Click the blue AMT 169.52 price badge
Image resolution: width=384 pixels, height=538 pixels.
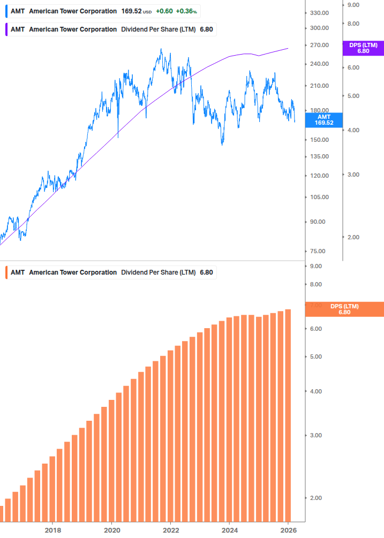click(323, 119)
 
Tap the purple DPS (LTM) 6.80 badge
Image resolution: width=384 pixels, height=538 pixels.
click(363, 48)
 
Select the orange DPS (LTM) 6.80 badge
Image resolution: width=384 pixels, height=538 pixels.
click(344, 309)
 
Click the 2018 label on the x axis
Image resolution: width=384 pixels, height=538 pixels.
click(52, 530)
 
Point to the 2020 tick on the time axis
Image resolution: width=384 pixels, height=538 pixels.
click(111, 530)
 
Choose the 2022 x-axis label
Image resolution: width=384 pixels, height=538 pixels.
click(170, 530)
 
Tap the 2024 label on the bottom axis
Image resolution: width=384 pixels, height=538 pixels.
click(229, 530)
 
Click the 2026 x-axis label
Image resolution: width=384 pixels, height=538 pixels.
click(288, 530)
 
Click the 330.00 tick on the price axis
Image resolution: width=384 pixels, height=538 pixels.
click(319, 13)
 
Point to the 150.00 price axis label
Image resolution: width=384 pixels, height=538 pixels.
click(319, 140)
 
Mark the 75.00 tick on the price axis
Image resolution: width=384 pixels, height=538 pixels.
click(319, 252)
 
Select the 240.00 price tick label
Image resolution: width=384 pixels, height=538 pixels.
click(319, 64)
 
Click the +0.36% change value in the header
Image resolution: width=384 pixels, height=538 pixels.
click(186, 11)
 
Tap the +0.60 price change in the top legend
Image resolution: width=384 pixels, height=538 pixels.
click(164, 11)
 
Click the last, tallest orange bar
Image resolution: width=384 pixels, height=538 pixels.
click(288, 415)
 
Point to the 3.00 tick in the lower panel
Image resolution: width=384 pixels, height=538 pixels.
click(315, 435)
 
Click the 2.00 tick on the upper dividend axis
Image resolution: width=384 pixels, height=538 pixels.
click(353, 237)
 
